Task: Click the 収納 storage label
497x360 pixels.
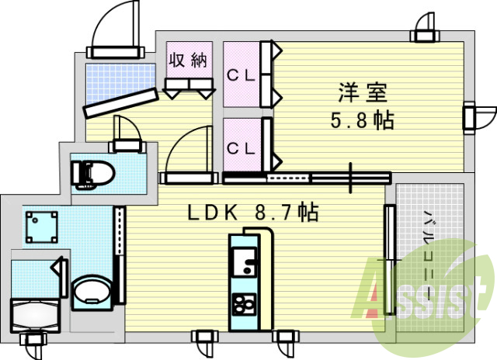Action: [x=189, y=61]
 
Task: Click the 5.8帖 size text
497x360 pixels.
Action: [x=363, y=121]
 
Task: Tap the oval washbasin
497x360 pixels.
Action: [x=92, y=293]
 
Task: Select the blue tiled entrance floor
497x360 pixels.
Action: [x=109, y=78]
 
